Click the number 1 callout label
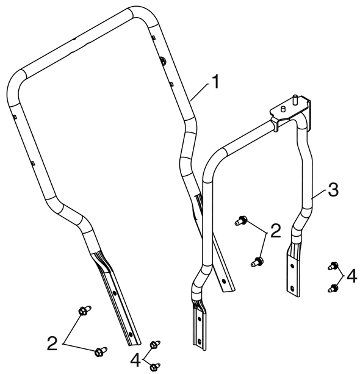[x=215, y=82]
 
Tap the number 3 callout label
[x=333, y=190]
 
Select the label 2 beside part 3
[x=276, y=231]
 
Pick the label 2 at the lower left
[x=52, y=343]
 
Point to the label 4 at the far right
[x=351, y=276]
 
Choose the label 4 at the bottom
[x=135, y=360]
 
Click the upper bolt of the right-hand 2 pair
[x=241, y=220]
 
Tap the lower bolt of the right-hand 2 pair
[x=257, y=261]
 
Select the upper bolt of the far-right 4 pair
[x=333, y=266]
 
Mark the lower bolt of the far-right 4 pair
[x=333, y=288]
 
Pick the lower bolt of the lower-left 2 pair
[x=101, y=351]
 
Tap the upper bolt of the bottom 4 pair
[x=155, y=344]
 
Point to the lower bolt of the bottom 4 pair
[x=156, y=366]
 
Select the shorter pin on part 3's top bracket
[x=283, y=109]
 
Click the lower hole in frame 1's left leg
[x=130, y=334]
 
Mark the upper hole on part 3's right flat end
[x=292, y=265]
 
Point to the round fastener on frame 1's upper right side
[x=163, y=60]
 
